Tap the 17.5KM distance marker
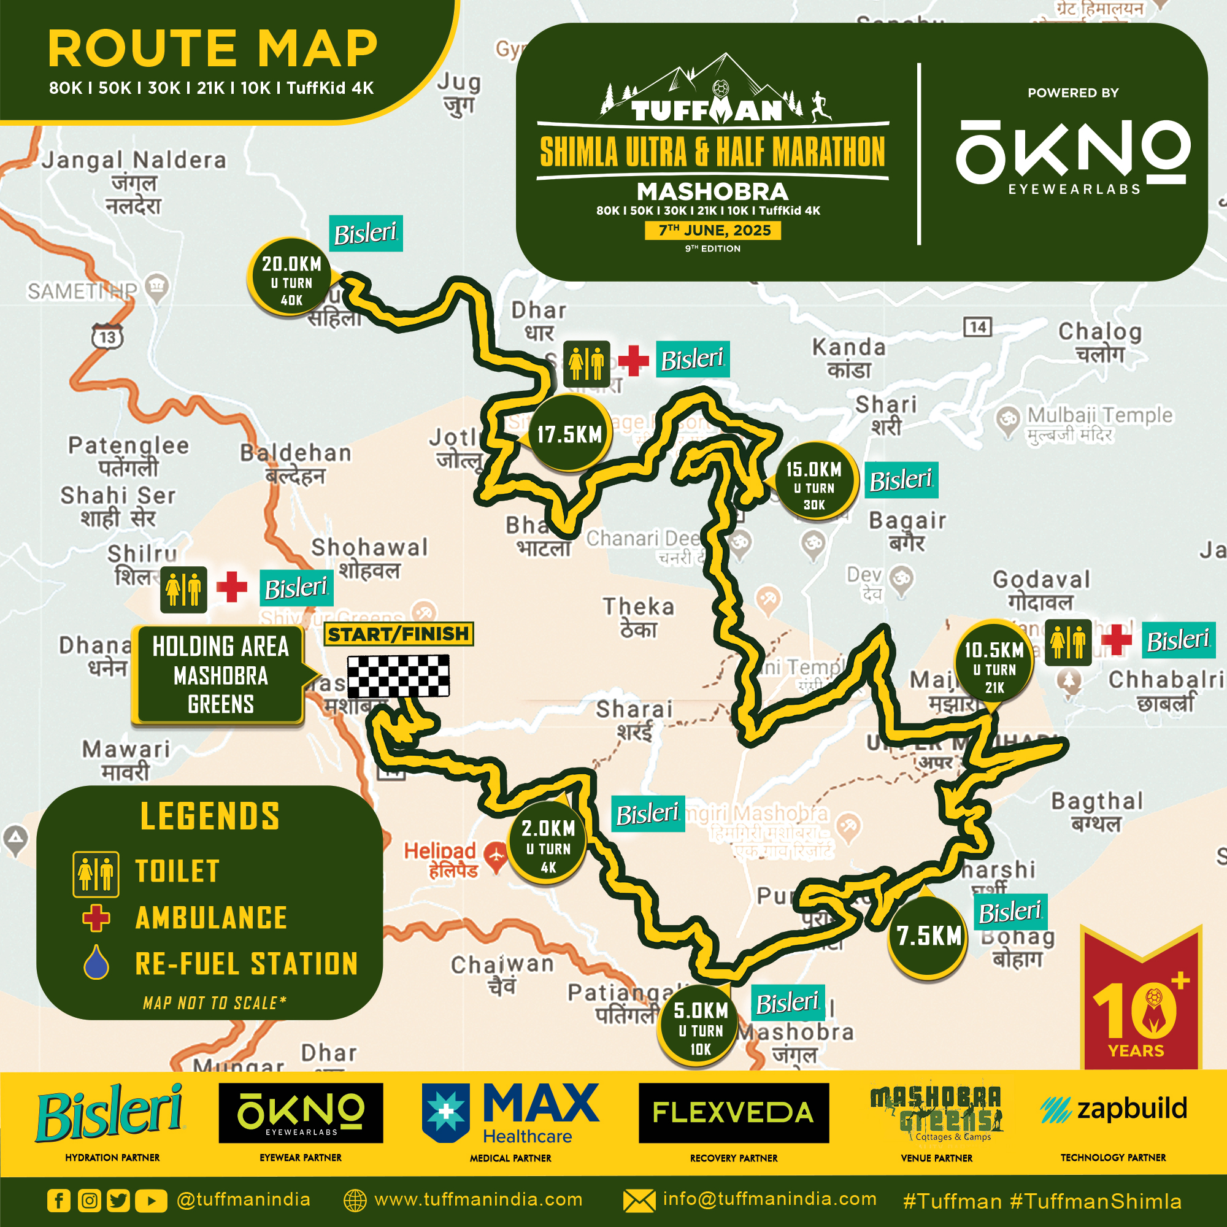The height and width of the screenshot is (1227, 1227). pos(569,435)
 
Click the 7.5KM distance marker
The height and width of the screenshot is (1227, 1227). pos(928,936)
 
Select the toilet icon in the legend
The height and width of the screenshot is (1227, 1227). pos(96,874)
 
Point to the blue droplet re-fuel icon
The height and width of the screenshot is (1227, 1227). pos(96,963)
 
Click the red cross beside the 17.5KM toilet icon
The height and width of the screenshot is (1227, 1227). pos(633,361)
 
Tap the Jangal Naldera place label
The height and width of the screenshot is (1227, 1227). pos(134,160)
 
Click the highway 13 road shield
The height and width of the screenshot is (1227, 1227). pos(107,337)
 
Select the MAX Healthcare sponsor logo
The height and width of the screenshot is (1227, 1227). pos(510,1114)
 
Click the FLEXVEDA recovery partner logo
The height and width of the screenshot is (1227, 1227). pos(734,1113)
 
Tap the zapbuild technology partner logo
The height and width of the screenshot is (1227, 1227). pos(1114,1109)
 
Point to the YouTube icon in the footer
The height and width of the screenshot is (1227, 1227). pos(150,1201)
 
